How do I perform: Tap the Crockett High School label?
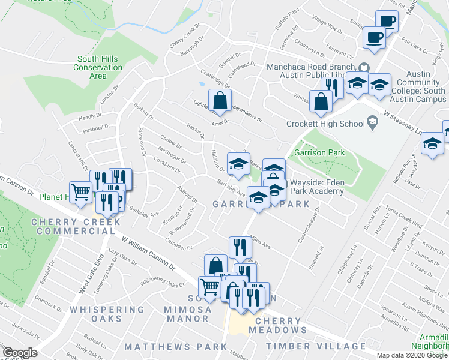pos(325,124)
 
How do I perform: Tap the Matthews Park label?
pos(167,347)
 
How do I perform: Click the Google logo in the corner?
pos(19,352)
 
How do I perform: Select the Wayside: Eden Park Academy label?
pos(317,187)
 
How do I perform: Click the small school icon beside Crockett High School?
pos(372,124)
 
